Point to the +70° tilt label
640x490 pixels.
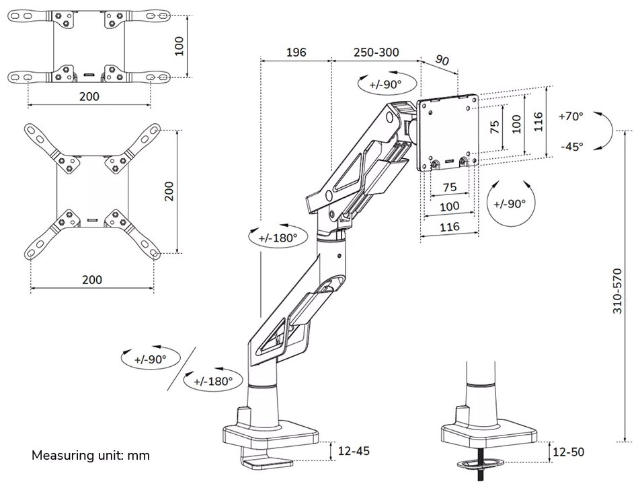point(571,116)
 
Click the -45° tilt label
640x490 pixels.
point(571,146)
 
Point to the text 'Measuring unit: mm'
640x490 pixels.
point(91,456)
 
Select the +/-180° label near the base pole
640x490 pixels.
point(213,381)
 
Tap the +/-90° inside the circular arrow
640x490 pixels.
point(510,203)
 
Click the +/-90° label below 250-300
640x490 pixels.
point(385,84)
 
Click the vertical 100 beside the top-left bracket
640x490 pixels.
point(178,45)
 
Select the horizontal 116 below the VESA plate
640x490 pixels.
point(449,227)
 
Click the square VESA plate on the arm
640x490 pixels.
point(448,134)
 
